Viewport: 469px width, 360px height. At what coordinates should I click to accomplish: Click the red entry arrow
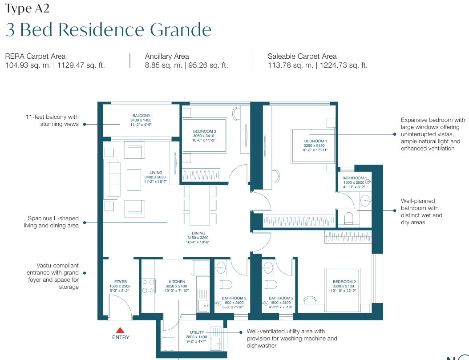point(120,330)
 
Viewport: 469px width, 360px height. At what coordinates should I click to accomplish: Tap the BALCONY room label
point(142,116)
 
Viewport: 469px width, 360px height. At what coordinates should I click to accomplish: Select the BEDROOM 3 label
point(205,131)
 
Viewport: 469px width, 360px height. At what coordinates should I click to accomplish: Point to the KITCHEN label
point(177,282)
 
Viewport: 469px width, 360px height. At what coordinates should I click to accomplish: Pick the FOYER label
point(121,282)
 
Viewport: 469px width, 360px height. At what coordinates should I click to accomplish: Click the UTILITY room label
point(197,332)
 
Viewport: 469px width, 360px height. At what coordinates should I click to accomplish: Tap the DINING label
point(198,233)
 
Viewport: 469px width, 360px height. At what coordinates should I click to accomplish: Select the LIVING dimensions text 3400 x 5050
point(155,177)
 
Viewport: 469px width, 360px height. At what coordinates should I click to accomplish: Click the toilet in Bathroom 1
point(349,218)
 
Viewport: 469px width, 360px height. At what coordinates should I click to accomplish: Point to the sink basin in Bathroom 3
point(221,267)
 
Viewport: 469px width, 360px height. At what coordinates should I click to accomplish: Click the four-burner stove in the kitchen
point(148,286)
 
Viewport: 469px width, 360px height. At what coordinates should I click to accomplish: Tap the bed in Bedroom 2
point(343,290)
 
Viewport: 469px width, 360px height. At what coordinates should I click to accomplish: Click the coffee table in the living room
point(133,180)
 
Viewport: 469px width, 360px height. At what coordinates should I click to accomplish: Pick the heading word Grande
point(181,30)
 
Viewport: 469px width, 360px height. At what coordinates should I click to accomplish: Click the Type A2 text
point(27,8)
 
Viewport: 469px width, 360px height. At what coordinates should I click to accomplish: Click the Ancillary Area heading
point(167,56)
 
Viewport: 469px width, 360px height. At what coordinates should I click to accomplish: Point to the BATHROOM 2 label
point(281,298)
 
